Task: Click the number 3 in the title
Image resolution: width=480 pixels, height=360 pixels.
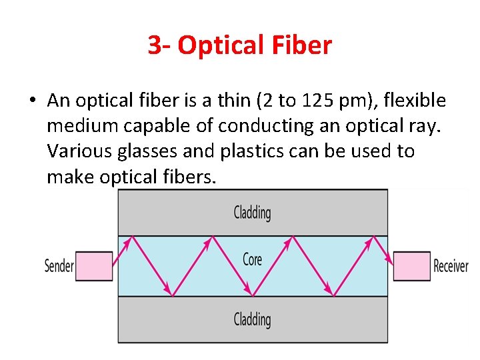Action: pos(155,45)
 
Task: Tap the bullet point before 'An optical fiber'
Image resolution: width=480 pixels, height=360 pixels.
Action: pos(32,101)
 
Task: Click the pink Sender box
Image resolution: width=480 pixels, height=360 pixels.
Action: pos(93,266)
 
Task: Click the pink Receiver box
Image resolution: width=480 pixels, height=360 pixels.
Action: pos(411,266)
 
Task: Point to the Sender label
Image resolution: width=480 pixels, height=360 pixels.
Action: pos(59,266)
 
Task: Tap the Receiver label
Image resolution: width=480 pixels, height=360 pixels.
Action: pos(451,266)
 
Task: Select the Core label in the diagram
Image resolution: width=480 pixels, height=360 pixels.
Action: pos(252,258)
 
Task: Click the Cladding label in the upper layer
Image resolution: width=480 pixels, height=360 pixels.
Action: pos(252,213)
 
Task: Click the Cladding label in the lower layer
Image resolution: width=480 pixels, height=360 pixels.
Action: pos(252,319)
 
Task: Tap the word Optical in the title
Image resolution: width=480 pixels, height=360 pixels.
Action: pos(218,45)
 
